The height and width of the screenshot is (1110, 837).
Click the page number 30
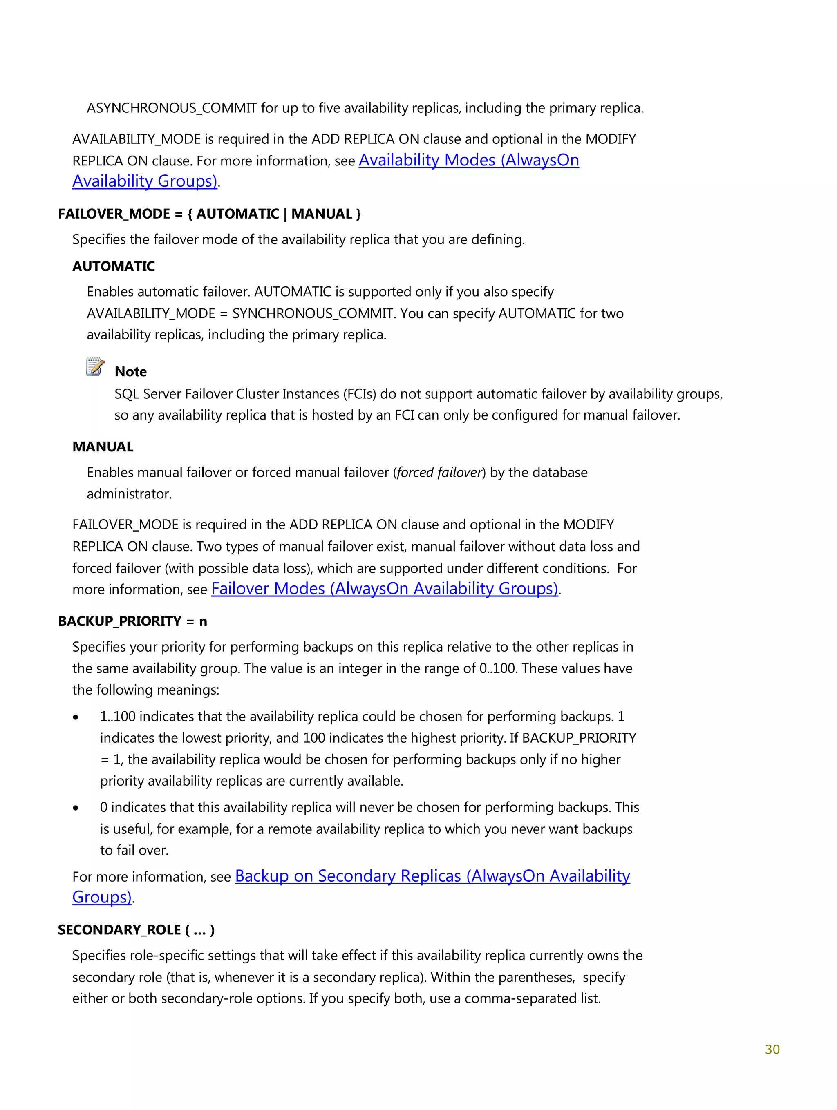tap(772, 1049)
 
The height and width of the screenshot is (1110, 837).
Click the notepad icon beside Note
tap(95, 367)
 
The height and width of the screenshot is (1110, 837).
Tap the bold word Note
tap(130, 372)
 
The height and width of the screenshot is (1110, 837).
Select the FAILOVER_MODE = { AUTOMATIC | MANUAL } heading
tap(209, 214)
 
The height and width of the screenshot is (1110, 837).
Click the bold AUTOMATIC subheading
tap(114, 266)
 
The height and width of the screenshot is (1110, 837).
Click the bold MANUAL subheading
tap(103, 447)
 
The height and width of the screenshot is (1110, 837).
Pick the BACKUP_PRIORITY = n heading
tap(132, 621)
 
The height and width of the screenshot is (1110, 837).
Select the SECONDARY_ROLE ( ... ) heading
tap(136, 930)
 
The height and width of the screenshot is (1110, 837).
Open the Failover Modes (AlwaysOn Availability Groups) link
tap(384, 589)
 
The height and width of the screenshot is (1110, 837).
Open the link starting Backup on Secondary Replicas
tap(432, 876)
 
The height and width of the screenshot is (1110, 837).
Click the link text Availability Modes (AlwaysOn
tap(468, 160)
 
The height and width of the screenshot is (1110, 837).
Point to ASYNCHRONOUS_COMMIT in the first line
tap(171, 108)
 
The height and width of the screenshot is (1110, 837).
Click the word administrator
tap(129, 494)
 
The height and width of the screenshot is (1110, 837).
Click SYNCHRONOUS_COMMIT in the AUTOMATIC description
tap(312, 314)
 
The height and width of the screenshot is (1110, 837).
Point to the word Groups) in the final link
tap(102, 897)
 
